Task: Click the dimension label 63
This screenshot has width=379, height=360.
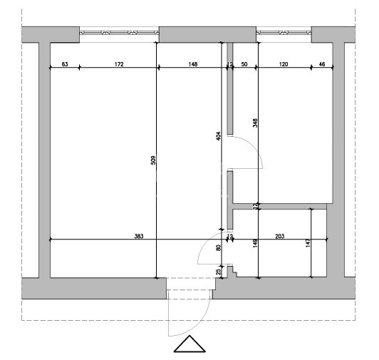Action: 65,64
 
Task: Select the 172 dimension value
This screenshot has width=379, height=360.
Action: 119,64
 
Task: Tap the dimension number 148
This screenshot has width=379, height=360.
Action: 192,64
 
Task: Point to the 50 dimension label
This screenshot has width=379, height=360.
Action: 244,64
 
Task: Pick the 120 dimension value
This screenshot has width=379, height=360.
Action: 284,64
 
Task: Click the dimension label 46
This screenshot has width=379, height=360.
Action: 322,64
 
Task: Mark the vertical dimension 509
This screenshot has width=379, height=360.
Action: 153,160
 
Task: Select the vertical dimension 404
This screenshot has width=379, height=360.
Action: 218,136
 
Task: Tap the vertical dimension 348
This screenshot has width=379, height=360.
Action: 255,123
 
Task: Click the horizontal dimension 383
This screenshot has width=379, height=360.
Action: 139,236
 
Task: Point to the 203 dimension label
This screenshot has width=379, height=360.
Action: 280,236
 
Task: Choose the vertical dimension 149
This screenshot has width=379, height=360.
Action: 255,243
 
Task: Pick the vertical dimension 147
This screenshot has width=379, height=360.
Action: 308,243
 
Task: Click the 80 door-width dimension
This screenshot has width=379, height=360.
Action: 218,248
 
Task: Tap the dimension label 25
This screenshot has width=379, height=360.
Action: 218,272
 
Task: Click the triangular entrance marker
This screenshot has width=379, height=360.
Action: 189,344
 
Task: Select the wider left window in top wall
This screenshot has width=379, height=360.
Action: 119,32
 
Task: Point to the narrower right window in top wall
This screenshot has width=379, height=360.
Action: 284,32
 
